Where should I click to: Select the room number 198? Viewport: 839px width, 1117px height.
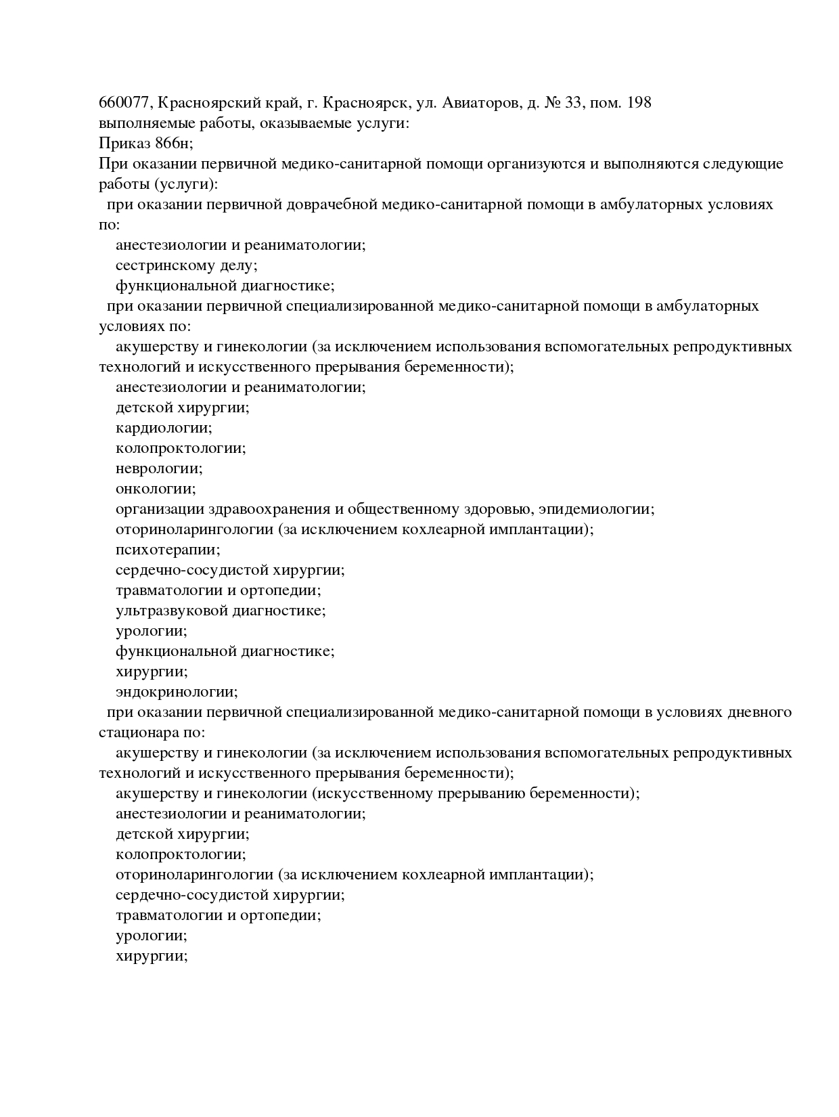[639, 103]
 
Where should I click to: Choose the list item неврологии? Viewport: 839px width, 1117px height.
[159, 468]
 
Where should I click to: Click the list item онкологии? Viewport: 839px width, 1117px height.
[156, 489]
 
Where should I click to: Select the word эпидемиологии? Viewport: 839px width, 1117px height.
[600, 509]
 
